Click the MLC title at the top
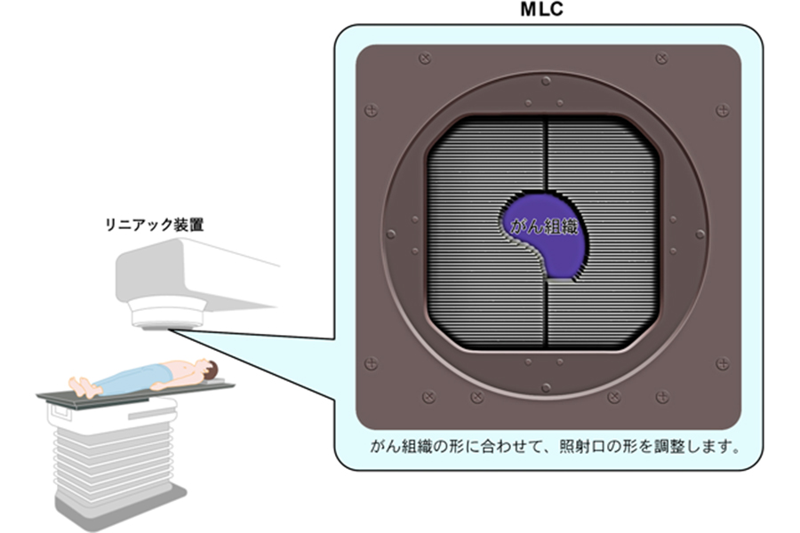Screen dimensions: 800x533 (x=541, y=10)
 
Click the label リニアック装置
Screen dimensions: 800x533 (x=154, y=225)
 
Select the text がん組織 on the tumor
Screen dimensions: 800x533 (x=544, y=226)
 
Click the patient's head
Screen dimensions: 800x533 (x=208, y=369)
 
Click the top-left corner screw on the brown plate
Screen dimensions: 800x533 (x=425, y=58)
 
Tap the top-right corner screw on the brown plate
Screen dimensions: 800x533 (x=661, y=58)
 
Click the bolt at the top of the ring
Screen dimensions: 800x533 (x=546, y=81)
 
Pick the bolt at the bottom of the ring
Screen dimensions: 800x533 (x=546, y=388)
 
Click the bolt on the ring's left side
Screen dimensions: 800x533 (x=391, y=235)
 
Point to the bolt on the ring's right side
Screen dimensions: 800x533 (x=700, y=235)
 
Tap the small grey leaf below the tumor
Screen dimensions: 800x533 (x=560, y=280)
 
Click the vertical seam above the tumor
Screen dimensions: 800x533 (x=546, y=155)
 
